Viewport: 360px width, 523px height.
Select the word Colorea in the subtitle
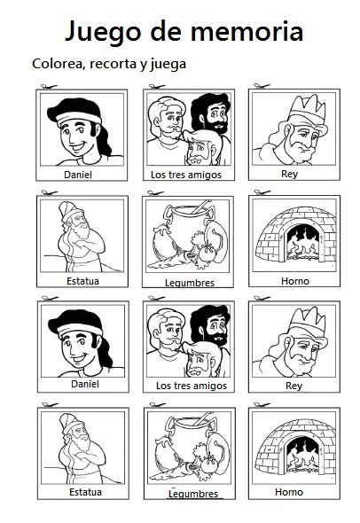tap(59, 64)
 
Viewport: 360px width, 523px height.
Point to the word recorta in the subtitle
tap(121, 64)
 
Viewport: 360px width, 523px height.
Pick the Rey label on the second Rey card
tap(288, 385)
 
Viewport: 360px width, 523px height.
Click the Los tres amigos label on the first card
tap(185, 175)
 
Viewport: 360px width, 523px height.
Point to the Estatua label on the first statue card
tap(78, 280)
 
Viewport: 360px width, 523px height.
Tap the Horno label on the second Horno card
tap(288, 492)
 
